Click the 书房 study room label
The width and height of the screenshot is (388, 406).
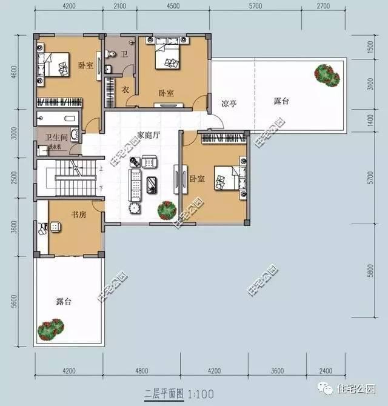[78, 215]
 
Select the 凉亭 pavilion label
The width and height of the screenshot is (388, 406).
[228, 104]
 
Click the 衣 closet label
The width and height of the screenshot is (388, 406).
[126, 90]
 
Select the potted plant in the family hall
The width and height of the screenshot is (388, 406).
[166, 210]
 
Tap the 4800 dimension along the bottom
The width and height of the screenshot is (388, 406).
[141, 370]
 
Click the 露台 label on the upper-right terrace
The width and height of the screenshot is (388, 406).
[281, 101]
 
